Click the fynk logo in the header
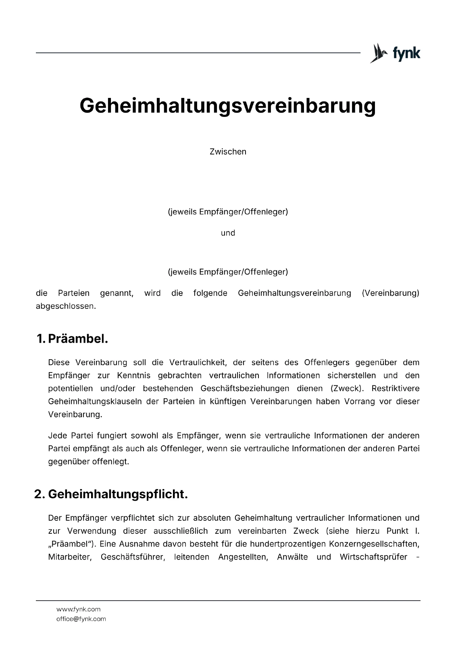pos(395,53)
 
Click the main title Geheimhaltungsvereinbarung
pos(228,106)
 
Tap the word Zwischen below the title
pos(228,152)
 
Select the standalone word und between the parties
pos(228,233)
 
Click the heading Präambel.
pos(78,339)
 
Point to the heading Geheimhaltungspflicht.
pos(118,494)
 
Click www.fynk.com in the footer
pos(78,609)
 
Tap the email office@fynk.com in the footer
pos(81,619)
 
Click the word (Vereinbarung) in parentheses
pos(390,293)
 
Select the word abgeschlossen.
pos(66,306)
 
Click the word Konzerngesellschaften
pos(374,544)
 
